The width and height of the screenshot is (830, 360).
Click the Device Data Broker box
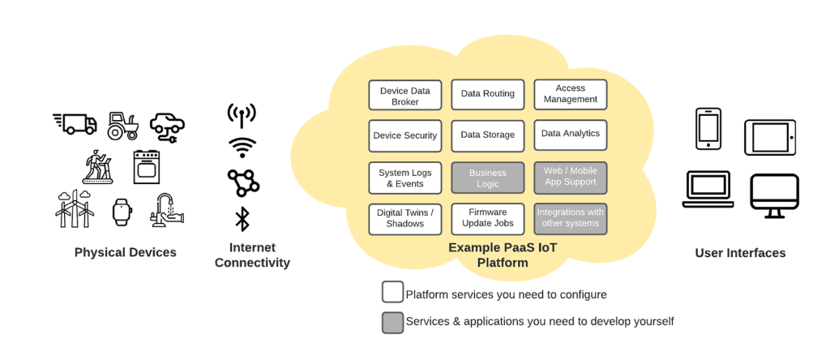(x=405, y=95)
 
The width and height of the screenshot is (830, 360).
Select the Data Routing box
(x=487, y=95)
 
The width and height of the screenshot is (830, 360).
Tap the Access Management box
(x=570, y=95)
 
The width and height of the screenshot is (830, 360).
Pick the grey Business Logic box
(x=487, y=178)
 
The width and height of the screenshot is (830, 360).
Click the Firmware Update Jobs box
(x=487, y=219)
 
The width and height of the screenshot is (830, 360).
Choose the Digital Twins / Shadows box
(x=405, y=219)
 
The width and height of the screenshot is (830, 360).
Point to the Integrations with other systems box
(x=570, y=219)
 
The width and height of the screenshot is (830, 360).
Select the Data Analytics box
(x=570, y=135)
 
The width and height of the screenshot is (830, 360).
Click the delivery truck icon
(x=75, y=123)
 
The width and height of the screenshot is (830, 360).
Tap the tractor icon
(x=123, y=126)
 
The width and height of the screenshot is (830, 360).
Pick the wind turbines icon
(x=75, y=208)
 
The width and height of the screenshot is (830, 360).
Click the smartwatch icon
(x=122, y=212)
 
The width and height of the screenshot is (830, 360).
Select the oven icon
(x=147, y=167)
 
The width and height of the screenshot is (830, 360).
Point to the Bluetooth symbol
(x=242, y=219)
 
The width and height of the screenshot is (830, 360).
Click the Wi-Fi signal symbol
(x=242, y=148)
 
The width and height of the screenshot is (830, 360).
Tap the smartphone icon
(x=708, y=129)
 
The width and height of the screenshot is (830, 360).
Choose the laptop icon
(x=708, y=189)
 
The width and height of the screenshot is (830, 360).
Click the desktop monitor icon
(x=774, y=196)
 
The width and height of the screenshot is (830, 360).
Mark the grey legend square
(x=393, y=323)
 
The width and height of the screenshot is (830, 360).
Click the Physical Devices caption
(x=126, y=252)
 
